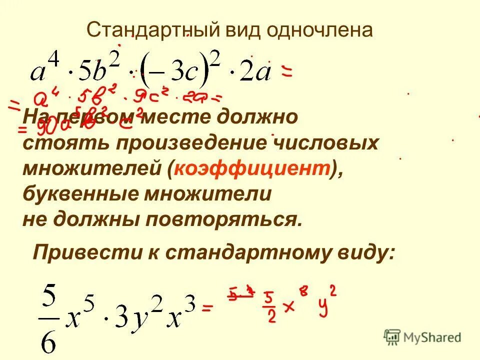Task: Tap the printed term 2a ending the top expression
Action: point(255,73)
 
